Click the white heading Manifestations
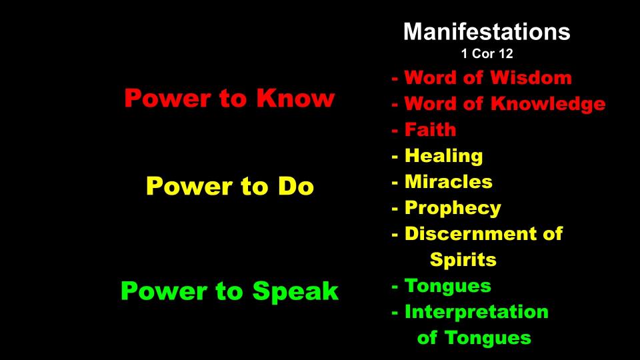point(487,31)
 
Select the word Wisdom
point(531,77)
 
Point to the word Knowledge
point(548,104)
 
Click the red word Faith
point(430,129)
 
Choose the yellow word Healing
point(444,156)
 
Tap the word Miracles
point(448,181)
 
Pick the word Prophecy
point(453,208)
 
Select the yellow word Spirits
point(463,260)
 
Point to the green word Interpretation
point(476,312)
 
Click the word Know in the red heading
point(295,98)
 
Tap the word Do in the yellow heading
point(296,186)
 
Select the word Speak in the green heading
point(295,291)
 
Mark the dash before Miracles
point(395,183)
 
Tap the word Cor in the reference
point(483,53)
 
